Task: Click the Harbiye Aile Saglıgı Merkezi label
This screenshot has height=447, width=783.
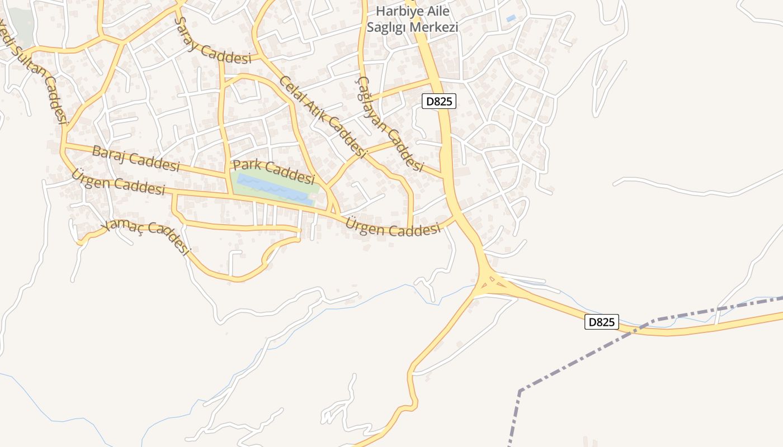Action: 412,19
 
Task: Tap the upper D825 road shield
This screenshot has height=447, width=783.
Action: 438,101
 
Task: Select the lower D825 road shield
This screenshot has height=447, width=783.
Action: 602,322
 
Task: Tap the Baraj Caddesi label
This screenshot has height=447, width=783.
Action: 135,159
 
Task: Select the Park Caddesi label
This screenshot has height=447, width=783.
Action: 273,172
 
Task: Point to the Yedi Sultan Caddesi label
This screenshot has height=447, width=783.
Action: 34,73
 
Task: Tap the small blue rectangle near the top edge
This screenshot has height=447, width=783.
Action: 511,18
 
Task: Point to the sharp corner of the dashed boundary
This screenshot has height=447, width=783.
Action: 520,391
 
